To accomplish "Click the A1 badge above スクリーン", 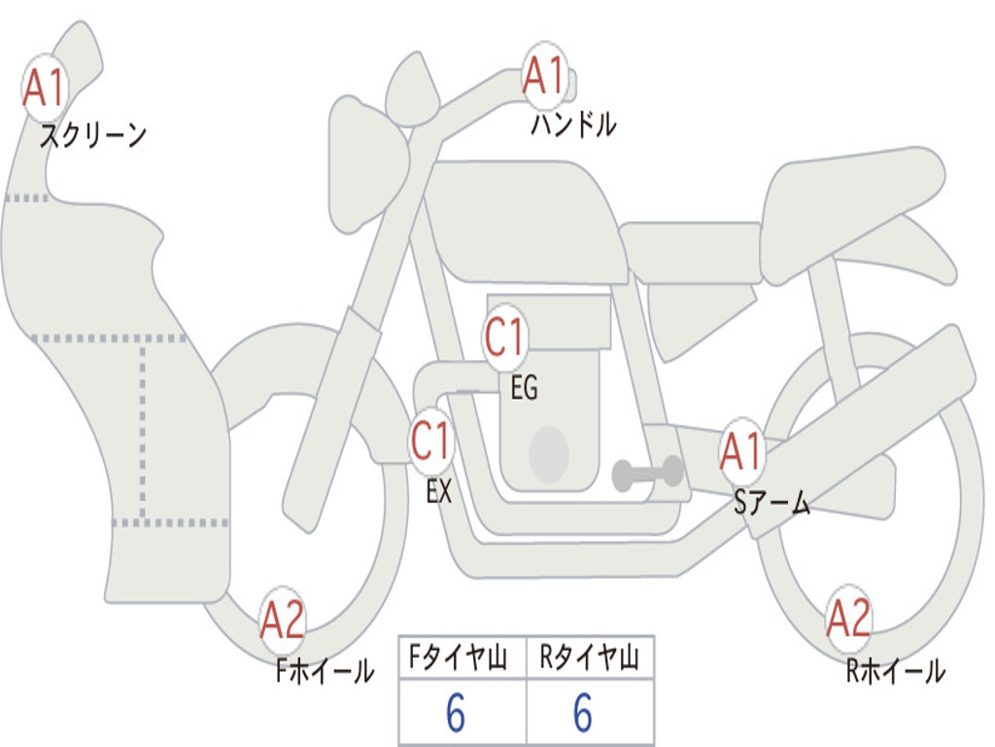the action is (45, 88).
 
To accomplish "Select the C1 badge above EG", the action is (505, 337).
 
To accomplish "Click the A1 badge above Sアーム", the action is (740, 451).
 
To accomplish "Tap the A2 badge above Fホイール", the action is (283, 620).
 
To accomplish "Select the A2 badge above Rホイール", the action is (848, 619).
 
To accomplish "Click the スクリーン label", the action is (93, 135).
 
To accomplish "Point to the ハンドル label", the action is (573, 124).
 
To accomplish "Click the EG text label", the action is (524, 387).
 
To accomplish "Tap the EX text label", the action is (439, 491).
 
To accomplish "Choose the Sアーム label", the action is (772, 503).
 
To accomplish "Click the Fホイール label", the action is (325, 671).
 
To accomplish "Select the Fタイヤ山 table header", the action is (459, 658).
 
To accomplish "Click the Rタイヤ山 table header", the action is (590, 658).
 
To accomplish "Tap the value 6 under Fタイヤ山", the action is (456, 712).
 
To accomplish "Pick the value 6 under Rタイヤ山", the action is (583, 712).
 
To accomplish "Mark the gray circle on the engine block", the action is (549, 454).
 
